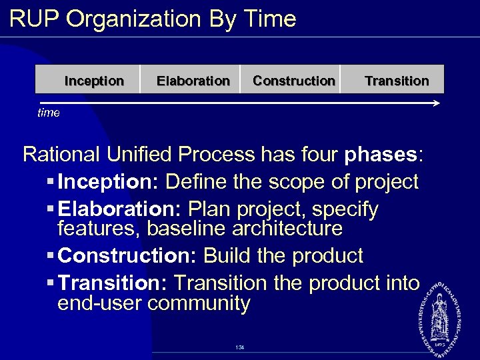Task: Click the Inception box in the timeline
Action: pyautogui.click(x=93, y=81)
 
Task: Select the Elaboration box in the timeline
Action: pyautogui.click(x=192, y=81)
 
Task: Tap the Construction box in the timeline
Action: pyautogui.click(x=293, y=81)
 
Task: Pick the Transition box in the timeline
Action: pyautogui.click(x=397, y=81)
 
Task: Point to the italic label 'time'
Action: pyautogui.click(x=48, y=113)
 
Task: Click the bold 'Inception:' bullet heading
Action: pyautogui.click(x=108, y=181)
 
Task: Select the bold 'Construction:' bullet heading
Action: pyautogui.click(x=128, y=255)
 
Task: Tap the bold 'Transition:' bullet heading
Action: pyautogui.click(x=113, y=283)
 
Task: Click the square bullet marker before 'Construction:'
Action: pyautogui.click(x=51, y=256)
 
